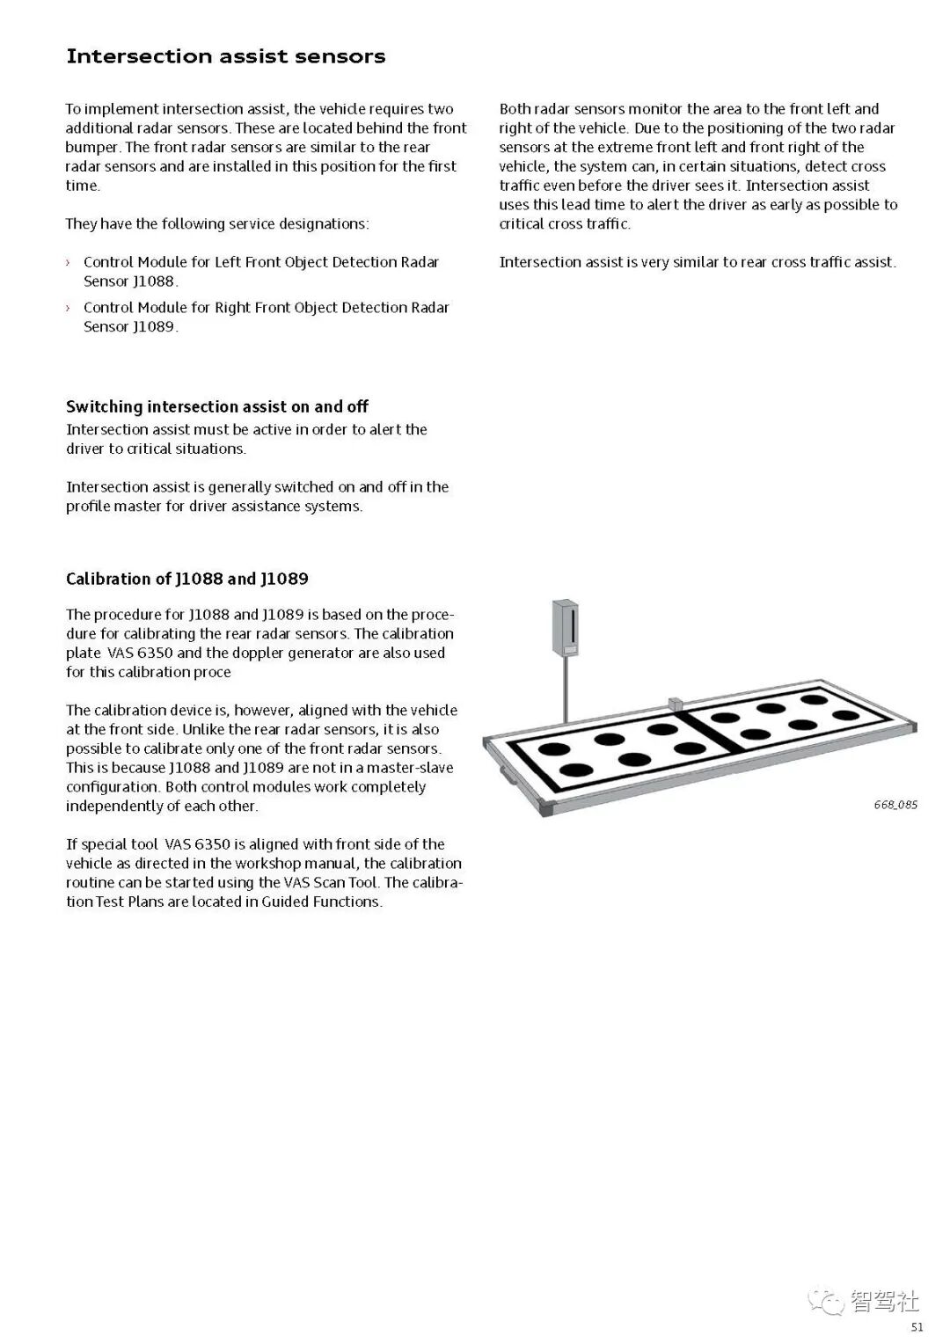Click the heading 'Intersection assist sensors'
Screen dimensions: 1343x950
(x=226, y=56)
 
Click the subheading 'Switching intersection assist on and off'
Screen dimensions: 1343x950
(x=217, y=406)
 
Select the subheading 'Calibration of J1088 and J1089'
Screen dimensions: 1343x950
(x=187, y=579)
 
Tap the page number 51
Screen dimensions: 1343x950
(x=917, y=1327)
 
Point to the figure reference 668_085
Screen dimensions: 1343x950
(x=895, y=805)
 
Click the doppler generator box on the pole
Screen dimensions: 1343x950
(x=565, y=628)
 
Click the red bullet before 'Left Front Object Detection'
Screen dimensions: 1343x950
(x=68, y=262)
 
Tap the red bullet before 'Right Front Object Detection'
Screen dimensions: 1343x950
(x=68, y=308)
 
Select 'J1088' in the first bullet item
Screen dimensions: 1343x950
(x=154, y=281)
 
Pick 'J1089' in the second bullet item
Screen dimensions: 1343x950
(x=154, y=327)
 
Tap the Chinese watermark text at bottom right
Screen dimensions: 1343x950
(x=885, y=1301)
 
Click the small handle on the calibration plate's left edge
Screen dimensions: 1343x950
(x=508, y=775)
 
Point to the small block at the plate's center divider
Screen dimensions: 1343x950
(x=676, y=704)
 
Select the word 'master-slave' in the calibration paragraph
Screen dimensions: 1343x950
(x=410, y=768)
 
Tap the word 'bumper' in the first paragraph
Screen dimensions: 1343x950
(x=92, y=147)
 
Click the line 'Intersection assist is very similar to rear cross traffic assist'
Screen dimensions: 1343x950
(x=698, y=262)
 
